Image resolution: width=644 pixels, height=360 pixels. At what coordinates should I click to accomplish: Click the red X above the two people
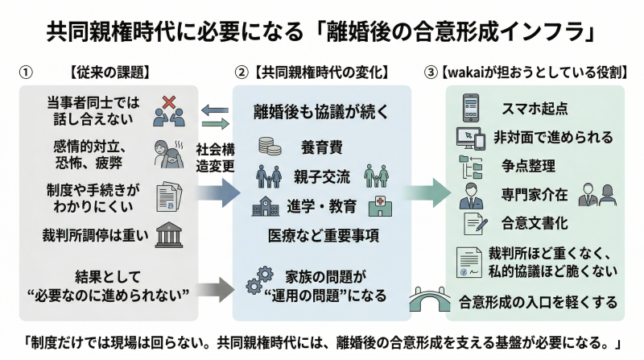coord(169,102)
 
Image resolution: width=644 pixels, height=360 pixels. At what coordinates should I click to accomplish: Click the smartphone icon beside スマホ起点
coord(471,107)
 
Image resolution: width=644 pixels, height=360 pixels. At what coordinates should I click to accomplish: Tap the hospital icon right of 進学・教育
coord(375,206)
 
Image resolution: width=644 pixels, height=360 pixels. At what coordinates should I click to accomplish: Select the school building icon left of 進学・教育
coord(266,206)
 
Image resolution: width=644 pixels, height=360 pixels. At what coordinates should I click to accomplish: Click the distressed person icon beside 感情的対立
coord(167,154)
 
